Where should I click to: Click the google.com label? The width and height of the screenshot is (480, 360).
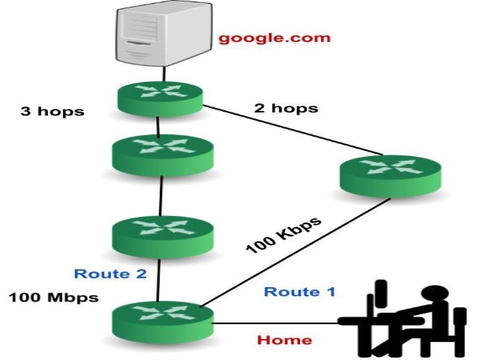click(x=274, y=38)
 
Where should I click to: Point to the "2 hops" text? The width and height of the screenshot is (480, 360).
click(x=286, y=107)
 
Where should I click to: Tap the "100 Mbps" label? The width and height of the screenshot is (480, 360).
click(x=53, y=297)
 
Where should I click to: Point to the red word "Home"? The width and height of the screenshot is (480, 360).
click(x=284, y=340)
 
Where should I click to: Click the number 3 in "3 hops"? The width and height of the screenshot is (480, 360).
click(x=25, y=112)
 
